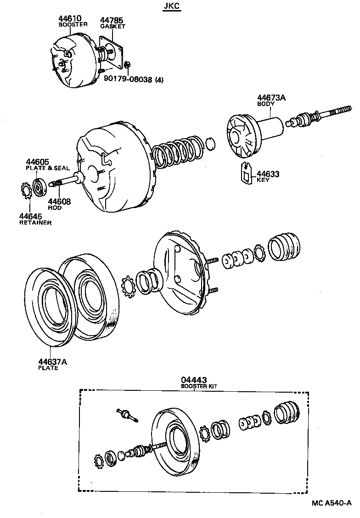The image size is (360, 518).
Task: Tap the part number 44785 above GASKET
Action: pyautogui.click(x=112, y=21)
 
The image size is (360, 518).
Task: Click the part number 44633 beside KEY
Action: pyautogui.click(x=268, y=174)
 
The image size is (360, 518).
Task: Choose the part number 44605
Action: pyautogui.click(x=37, y=162)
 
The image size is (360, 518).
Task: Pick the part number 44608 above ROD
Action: pyautogui.click(x=59, y=202)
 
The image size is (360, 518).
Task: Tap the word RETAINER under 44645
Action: pyautogui.click(x=35, y=222)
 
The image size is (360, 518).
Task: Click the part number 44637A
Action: pyautogui.click(x=52, y=362)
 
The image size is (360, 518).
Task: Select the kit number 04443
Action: pyautogui.click(x=194, y=380)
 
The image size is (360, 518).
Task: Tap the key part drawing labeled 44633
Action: pyautogui.click(x=247, y=173)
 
